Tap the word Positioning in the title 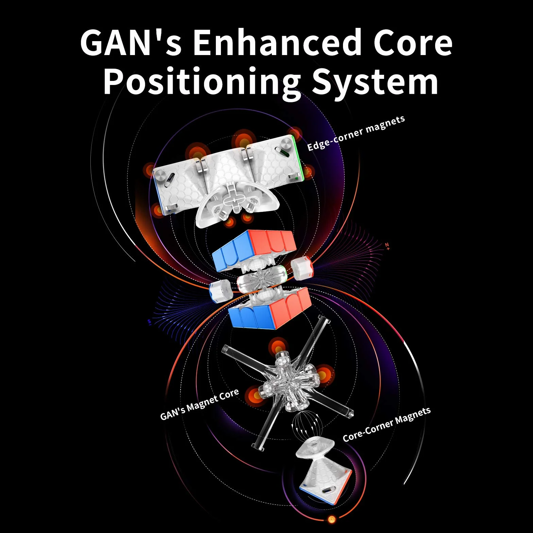202,83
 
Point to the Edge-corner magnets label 356,133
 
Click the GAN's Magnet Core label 200,404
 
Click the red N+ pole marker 387,246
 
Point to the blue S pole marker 149,322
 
